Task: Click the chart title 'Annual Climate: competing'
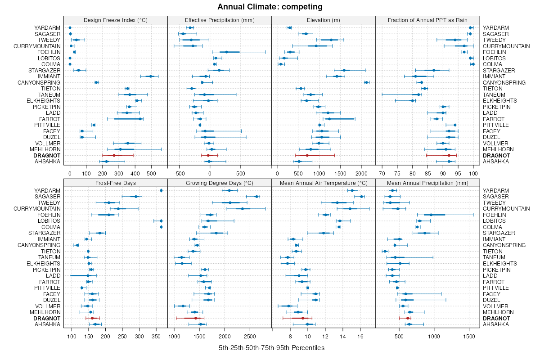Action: pos(270,7)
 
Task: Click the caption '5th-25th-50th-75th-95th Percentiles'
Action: pos(271,348)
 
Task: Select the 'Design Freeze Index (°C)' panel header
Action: pos(116,20)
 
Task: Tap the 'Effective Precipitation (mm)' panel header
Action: pos(220,20)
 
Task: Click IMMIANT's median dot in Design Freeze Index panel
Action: pos(151,76)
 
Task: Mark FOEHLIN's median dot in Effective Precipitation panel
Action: pos(226,52)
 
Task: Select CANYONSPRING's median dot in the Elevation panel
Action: pos(366,82)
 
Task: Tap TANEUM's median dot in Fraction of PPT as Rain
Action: pos(418,94)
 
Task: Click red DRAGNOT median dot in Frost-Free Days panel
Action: pos(92,318)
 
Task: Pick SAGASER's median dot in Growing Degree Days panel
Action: pos(256,197)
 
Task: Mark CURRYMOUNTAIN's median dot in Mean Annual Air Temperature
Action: pos(350,209)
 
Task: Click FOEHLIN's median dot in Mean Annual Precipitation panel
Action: pos(431,215)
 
